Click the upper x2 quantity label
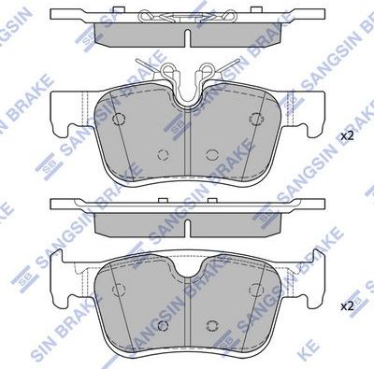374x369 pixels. [x=347, y=136]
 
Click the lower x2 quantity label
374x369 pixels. [x=347, y=305]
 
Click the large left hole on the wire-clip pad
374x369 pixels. [x=119, y=119]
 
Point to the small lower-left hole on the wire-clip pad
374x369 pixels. [x=162, y=155]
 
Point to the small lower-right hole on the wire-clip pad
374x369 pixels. [x=214, y=155]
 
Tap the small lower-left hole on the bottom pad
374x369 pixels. [x=162, y=323]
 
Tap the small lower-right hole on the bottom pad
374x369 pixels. [x=214, y=323]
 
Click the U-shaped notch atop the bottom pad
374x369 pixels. [x=189, y=266]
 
